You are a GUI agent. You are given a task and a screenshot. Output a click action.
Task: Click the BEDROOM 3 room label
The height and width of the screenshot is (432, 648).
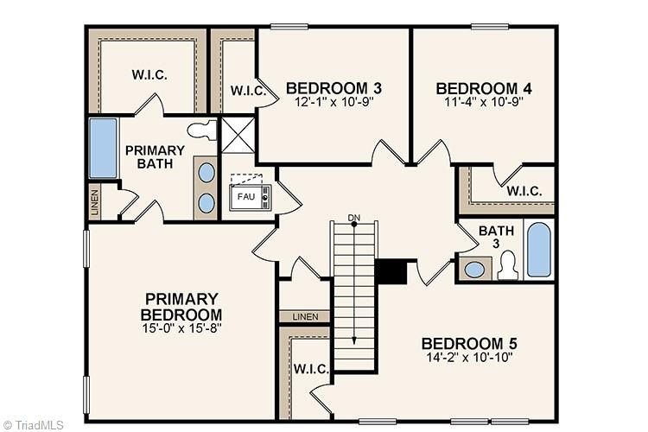click(x=334, y=87)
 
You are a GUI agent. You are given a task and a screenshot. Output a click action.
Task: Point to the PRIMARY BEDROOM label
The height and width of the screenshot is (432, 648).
click(x=181, y=306)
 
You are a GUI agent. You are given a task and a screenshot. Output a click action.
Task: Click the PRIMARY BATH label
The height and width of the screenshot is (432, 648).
click(x=155, y=156)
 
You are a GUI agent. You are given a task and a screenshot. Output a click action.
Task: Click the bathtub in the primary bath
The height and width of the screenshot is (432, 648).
click(x=103, y=148)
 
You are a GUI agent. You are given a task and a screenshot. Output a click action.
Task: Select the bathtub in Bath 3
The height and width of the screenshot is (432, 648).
click(x=538, y=249)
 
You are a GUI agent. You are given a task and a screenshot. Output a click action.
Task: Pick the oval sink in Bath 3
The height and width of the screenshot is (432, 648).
click(x=475, y=269)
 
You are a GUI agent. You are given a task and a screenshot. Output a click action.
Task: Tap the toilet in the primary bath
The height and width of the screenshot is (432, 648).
click(x=201, y=130)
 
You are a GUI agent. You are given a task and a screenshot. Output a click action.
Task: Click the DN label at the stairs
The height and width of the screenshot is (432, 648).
click(x=353, y=216)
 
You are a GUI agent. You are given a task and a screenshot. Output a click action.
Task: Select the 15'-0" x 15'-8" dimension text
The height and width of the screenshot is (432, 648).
click(x=181, y=329)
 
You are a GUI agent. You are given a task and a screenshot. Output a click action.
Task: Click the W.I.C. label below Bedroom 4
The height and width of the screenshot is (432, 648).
click(x=524, y=191)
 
